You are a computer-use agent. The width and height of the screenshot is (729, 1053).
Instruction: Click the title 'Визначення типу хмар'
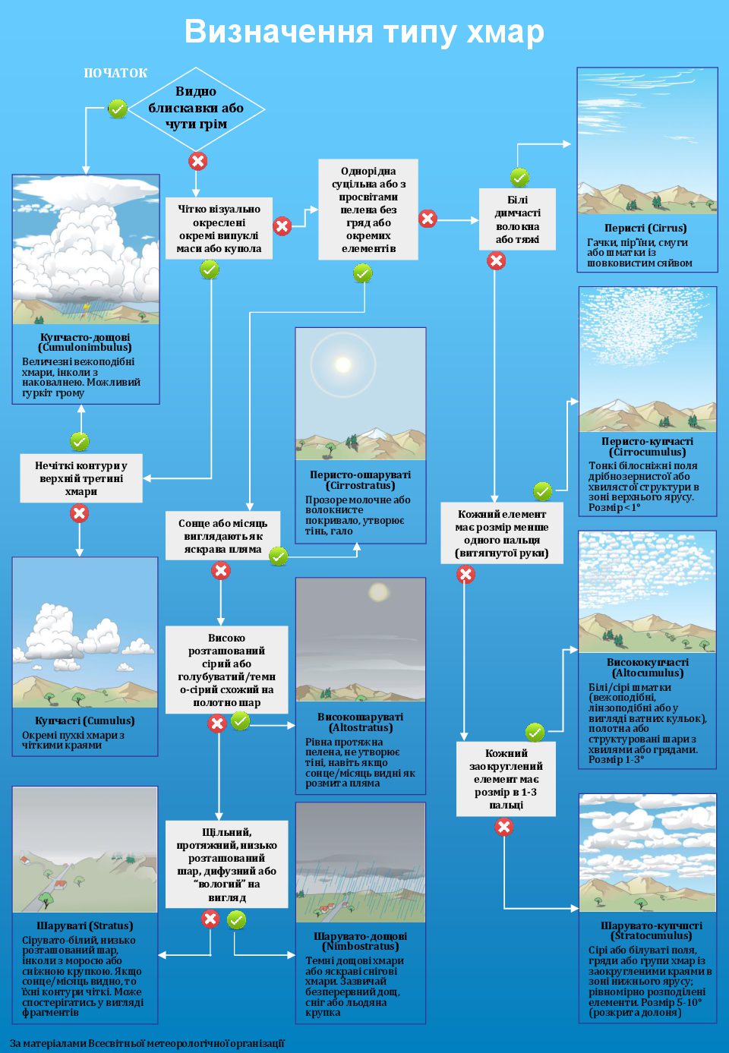(x=364, y=32)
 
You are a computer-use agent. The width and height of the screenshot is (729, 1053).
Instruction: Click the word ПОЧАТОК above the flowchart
(x=115, y=73)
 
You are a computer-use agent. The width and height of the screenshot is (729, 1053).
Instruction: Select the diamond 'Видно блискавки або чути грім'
(x=196, y=108)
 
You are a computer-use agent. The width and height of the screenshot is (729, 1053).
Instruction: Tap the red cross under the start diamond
(x=197, y=161)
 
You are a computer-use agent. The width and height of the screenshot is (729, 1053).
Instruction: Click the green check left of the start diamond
(x=117, y=109)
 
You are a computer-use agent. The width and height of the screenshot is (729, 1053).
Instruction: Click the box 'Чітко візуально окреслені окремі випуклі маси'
(x=219, y=229)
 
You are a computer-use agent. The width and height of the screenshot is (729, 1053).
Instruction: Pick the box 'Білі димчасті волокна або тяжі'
(x=517, y=219)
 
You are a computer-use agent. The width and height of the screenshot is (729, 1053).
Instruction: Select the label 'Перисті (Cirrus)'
(x=645, y=228)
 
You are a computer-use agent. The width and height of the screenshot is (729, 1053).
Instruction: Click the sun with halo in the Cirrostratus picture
(x=343, y=364)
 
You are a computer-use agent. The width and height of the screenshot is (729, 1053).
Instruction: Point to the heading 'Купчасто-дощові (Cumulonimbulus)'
(x=85, y=342)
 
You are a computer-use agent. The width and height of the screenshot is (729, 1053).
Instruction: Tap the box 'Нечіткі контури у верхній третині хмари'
(x=81, y=478)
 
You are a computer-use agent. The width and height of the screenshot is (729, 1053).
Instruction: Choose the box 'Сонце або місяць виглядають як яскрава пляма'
(x=222, y=536)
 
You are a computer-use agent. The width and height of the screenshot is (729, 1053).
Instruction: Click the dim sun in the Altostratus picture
(x=377, y=591)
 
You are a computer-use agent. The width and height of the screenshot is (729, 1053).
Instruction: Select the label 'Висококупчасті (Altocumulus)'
(x=647, y=667)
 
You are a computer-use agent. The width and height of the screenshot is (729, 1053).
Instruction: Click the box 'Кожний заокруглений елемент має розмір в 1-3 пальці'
(x=506, y=779)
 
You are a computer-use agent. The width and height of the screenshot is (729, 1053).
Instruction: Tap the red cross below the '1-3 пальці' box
(x=504, y=828)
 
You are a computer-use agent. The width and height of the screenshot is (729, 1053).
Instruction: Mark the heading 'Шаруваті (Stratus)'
(x=84, y=926)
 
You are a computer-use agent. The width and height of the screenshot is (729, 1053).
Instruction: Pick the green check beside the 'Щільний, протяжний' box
(x=237, y=920)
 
